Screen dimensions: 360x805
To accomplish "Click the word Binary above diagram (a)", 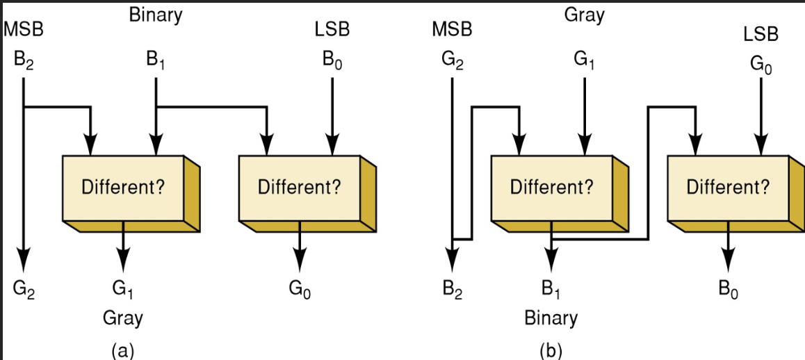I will [x=155, y=15].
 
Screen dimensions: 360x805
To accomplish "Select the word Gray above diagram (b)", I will [x=584, y=15].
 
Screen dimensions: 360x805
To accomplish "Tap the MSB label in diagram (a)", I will [x=23, y=29].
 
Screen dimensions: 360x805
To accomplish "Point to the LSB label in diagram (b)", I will [x=761, y=33].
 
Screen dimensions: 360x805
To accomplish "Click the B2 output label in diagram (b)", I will [x=452, y=288].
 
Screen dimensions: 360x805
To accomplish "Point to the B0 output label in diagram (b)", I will [x=729, y=288].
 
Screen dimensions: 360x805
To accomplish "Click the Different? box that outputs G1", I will [x=123, y=187].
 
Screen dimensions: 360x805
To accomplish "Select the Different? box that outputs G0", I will [x=299, y=187].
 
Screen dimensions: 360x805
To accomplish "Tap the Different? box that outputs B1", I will [x=551, y=187].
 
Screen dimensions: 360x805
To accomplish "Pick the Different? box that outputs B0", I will [x=728, y=187].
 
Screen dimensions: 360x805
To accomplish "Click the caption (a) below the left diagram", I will [x=122, y=350].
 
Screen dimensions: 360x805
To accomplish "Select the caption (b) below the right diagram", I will [x=551, y=350].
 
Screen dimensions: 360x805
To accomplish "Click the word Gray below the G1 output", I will [x=122, y=318].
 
